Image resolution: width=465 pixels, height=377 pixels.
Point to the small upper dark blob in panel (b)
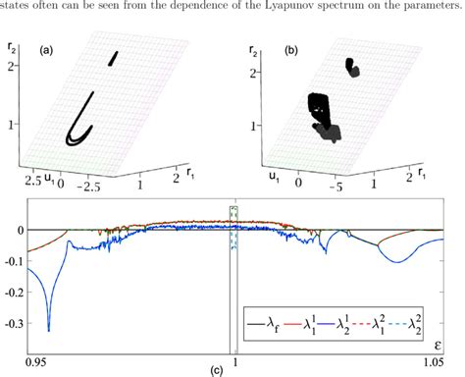[351, 67]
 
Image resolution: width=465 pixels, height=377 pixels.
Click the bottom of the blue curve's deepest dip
[48, 330]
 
